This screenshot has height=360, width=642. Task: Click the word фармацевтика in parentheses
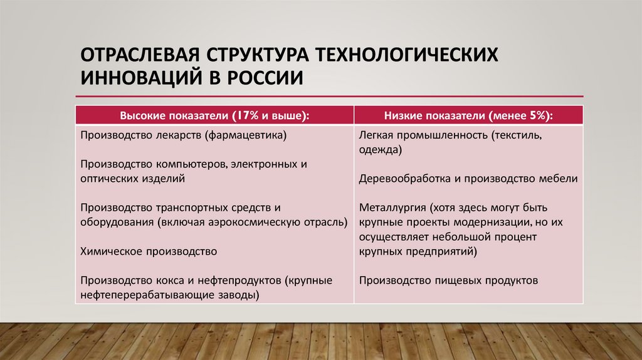[x=253, y=135]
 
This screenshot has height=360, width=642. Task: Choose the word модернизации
[x=487, y=221]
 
